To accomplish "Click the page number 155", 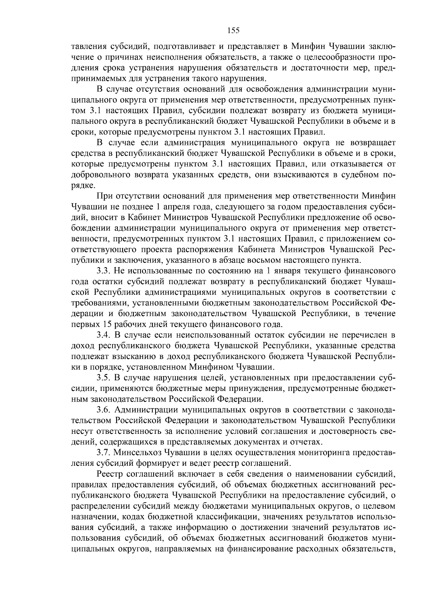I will (233, 31).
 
